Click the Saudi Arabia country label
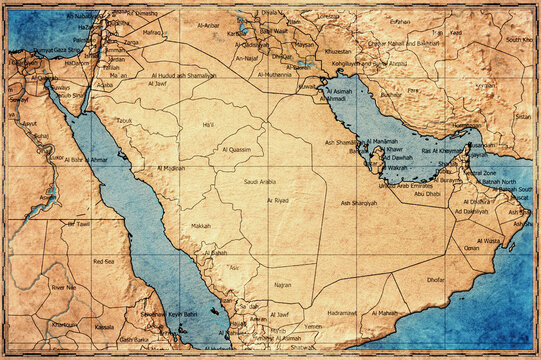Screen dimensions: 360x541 click(x=259, y=182)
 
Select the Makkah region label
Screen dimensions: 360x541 click(x=201, y=226)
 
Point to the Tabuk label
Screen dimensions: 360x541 click(x=124, y=120)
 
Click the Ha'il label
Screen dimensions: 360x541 click(x=208, y=124)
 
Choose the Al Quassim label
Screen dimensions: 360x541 click(x=236, y=149)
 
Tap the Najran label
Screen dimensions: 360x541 click(x=282, y=285)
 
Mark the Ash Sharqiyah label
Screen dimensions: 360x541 click(x=359, y=203)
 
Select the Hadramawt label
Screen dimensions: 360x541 click(x=342, y=313)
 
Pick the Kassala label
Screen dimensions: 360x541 click(x=104, y=327)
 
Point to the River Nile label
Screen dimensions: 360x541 click(x=64, y=287)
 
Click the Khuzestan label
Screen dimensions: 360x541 click(x=339, y=51)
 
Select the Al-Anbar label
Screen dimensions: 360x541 click(x=208, y=25)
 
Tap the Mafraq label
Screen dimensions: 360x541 click(x=151, y=33)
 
